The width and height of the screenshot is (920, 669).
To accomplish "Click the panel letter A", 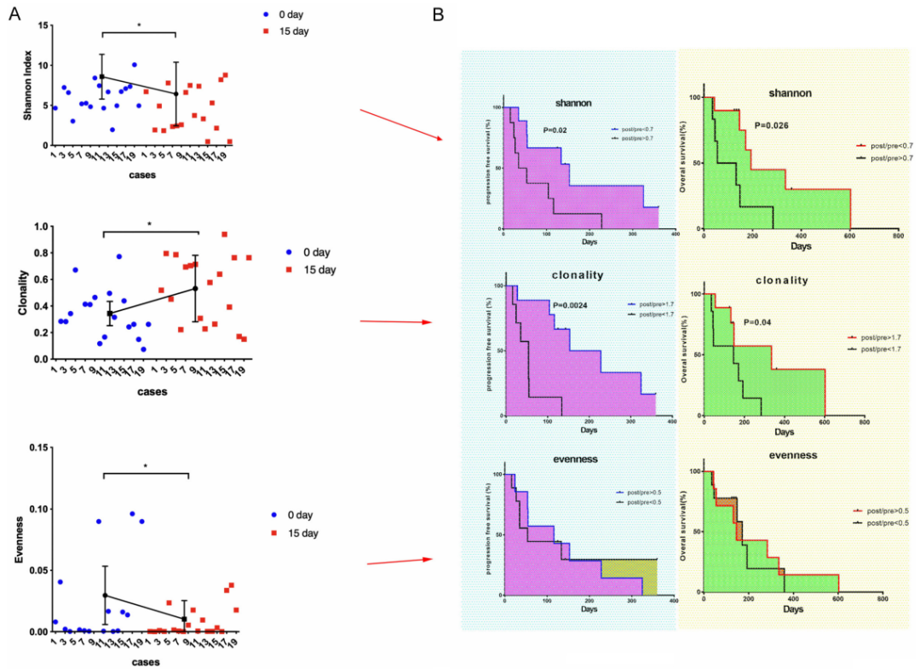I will coord(14,14).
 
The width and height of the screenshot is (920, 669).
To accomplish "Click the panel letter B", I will coord(438,14).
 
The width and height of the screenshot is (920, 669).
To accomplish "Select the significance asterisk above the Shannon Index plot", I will coord(139,26).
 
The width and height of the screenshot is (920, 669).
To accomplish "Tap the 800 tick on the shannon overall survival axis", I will coord(897,237).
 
